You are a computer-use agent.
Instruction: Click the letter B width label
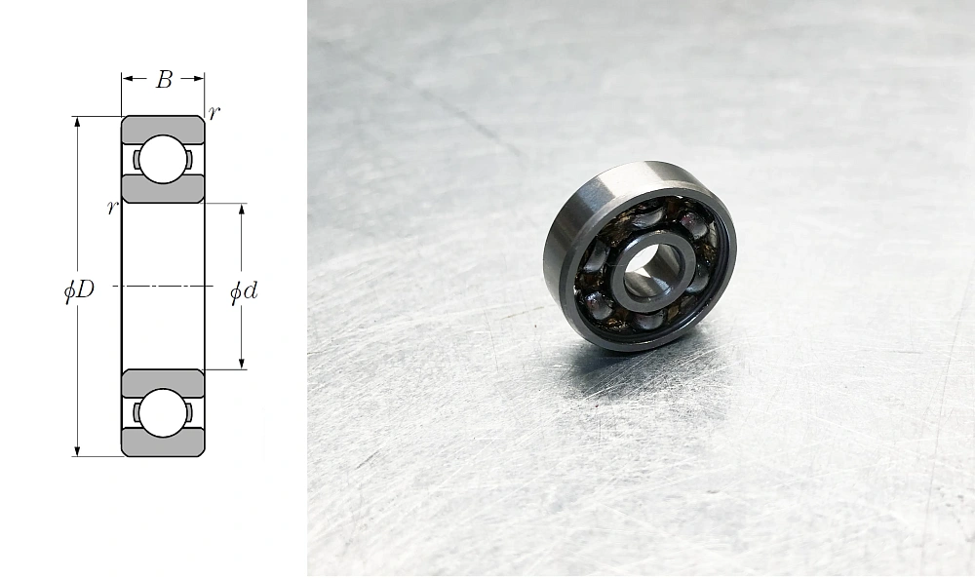(164, 80)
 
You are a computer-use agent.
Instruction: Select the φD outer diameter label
(79, 289)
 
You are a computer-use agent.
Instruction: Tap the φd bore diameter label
(244, 291)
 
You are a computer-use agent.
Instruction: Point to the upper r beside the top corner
(214, 113)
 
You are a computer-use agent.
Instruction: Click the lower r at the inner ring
(112, 208)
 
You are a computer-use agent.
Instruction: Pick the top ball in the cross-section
(163, 159)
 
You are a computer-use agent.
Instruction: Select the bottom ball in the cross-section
(163, 413)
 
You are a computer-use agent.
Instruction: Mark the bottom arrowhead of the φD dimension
(77, 450)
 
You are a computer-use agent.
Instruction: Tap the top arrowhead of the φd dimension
(241, 210)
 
